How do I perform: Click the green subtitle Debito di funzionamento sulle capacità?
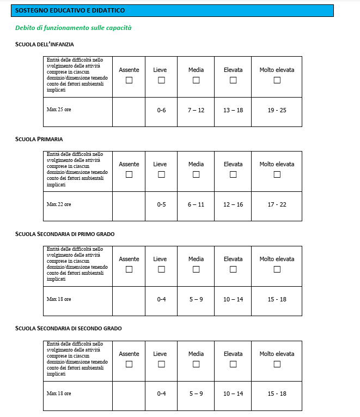click(73, 27)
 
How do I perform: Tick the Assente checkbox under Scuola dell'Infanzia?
click(129, 80)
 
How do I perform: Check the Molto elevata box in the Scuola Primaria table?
click(277, 174)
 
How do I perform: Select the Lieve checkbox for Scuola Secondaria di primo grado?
click(161, 269)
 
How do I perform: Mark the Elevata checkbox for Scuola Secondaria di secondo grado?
click(233, 364)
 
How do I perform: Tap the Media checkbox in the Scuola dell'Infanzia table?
click(196, 80)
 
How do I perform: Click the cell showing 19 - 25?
click(277, 110)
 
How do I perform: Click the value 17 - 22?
click(277, 204)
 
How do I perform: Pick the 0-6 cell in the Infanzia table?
click(161, 110)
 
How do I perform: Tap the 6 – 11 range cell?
click(196, 204)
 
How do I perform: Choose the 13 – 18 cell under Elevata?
click(233, 110)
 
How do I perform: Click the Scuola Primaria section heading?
click(39, 139)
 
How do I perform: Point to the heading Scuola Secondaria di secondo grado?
click(68, 328)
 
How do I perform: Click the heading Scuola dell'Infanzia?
click(44, 44)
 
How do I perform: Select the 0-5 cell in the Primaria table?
click(161, 204)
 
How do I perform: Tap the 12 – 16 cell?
click(233, 204)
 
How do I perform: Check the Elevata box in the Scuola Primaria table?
click(233, 174)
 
